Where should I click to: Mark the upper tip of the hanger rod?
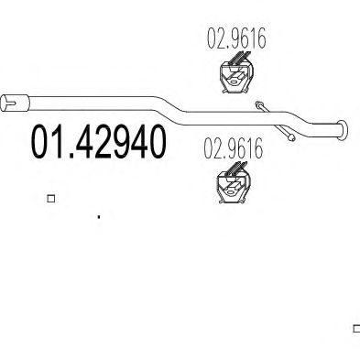tap(259, 104)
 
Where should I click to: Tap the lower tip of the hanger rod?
tap(289, 139)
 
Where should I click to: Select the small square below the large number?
tap(50, 197)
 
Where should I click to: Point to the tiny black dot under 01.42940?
tap(98, 217)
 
